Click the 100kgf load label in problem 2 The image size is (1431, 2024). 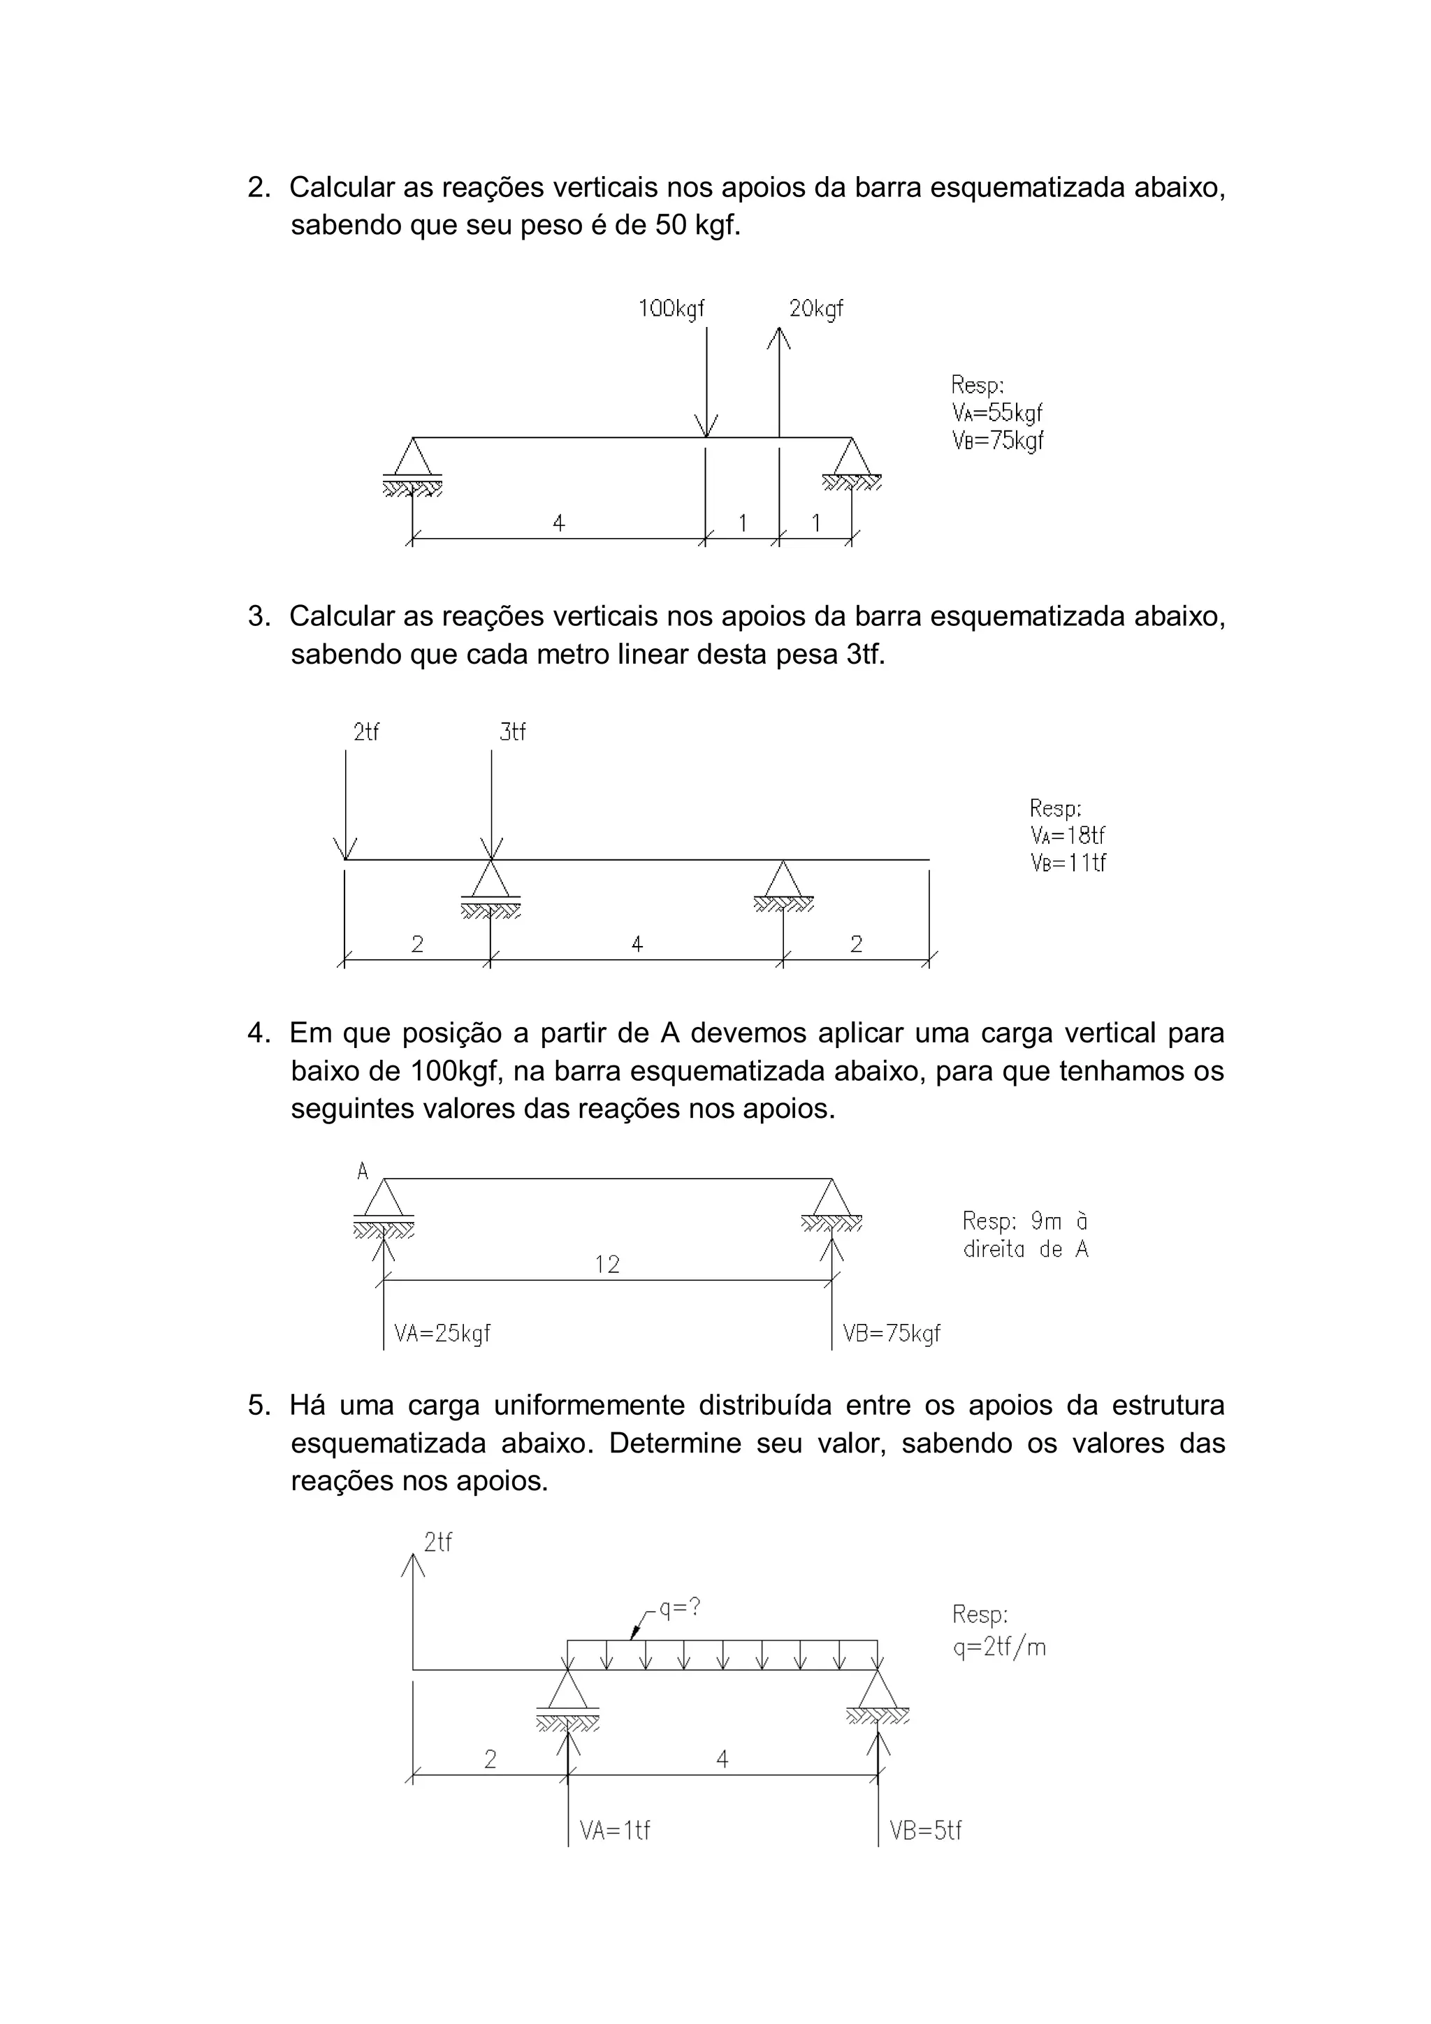671,309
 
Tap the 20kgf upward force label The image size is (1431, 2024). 815,309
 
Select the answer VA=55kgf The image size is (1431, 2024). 997,413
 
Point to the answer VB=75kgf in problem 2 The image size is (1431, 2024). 997,441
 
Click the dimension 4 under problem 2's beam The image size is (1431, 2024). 558,523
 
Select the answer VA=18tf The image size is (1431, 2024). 1067,835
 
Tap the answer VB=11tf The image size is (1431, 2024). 1068,862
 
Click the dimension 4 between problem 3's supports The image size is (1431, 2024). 637,944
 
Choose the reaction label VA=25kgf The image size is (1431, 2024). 442,1333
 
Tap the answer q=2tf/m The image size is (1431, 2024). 999,1647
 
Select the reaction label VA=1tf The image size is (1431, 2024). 615,1831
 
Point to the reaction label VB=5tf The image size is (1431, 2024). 925,1831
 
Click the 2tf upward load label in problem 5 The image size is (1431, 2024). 437,1542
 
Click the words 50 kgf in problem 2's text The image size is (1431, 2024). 696,226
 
